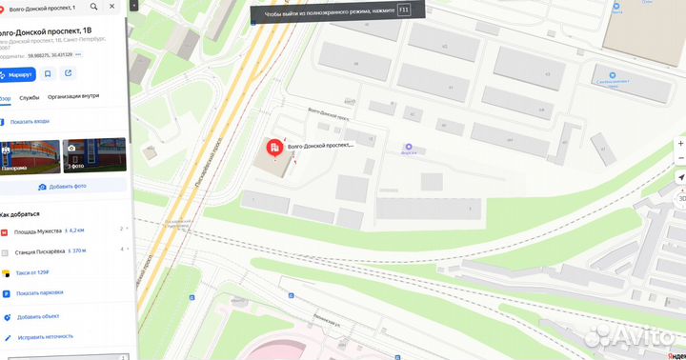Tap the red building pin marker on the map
click(x=274, y=148)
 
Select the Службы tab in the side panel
click(x=29, y=96)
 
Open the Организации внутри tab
click(x=74, y=96)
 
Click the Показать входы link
click(x=30, y=122)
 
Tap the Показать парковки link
click(x=40, y=293)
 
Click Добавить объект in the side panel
click(x=38, y=316)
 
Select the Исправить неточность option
click(x=44, y=337)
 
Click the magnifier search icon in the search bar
click(x=93, y=8)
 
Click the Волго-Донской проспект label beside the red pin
click(x=320, y=146)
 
